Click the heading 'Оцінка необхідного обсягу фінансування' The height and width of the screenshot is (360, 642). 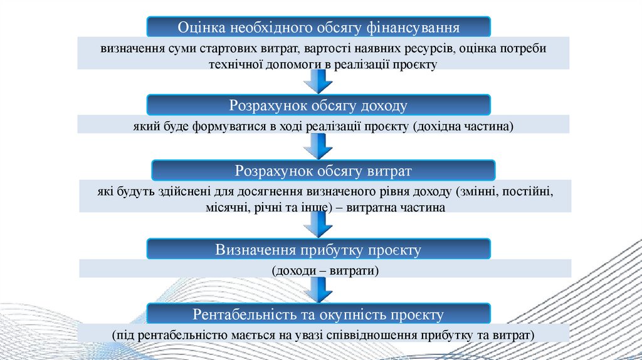pos(319,28)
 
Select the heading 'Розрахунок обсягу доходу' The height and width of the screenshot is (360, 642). pos(318,105)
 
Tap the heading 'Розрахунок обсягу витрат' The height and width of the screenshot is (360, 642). pos(324,171)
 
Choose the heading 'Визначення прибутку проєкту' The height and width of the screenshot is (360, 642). pos(318,250)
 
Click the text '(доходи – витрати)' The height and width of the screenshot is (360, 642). pos(325,271)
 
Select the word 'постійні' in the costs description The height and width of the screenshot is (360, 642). pos(532,191)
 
